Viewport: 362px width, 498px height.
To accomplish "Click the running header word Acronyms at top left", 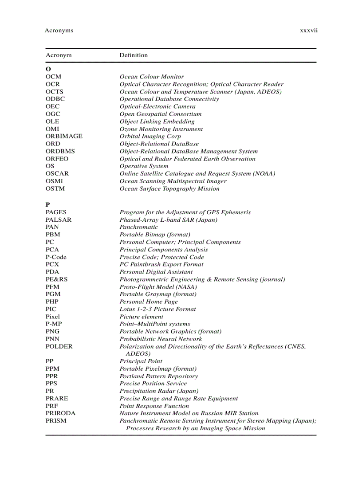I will (59, 31).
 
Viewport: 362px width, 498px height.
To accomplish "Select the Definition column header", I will (134, 55).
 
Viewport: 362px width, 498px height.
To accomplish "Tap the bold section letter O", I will (48, 69).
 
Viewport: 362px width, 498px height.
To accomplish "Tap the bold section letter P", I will (48, 205).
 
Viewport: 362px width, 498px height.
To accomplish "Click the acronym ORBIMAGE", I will (64, 136).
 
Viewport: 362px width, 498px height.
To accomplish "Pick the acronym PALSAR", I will (59, 220).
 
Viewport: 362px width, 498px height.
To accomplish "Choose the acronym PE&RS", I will (57, 279).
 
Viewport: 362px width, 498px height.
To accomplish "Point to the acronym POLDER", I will (59, 346).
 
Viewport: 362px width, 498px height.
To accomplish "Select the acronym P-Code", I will (56, 257).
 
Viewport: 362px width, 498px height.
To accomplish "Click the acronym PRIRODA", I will (60, 413).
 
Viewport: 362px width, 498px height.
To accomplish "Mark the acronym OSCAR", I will (57, 173).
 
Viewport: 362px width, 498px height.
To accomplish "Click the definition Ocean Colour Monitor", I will (152, 77).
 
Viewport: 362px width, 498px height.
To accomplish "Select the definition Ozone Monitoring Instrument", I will (161, 129).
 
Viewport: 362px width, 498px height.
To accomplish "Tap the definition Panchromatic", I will (139, 227).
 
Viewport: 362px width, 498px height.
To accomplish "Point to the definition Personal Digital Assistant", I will (156, 272).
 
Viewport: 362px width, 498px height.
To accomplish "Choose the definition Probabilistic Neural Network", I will (161, 339).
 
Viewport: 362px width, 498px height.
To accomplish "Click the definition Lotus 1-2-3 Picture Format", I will (157, 309).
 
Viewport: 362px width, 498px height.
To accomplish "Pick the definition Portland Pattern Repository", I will (158, 376).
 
